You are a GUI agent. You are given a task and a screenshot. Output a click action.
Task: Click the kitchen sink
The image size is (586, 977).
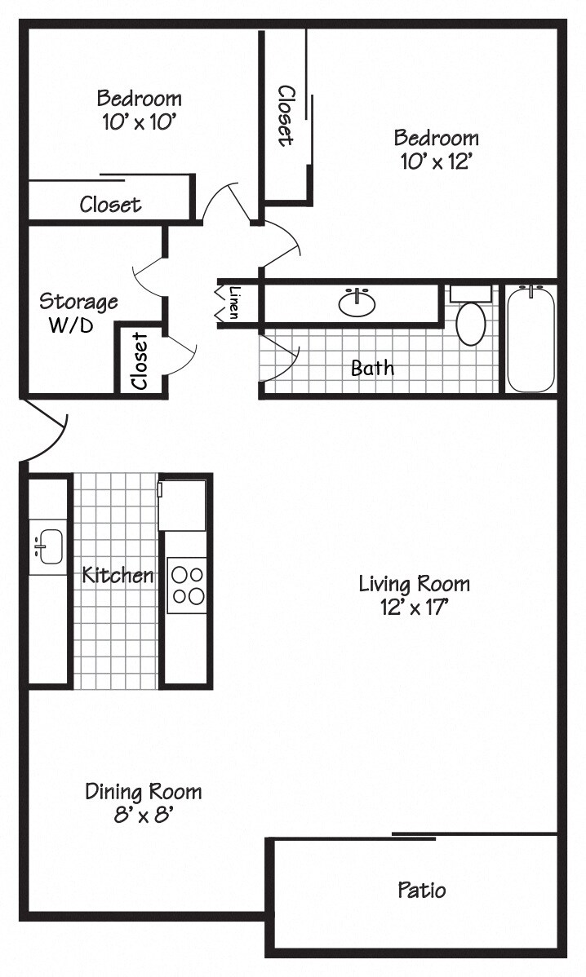click(x=48, y=546)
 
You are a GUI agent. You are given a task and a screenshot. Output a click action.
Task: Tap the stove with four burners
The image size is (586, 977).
click(x=187, y=585)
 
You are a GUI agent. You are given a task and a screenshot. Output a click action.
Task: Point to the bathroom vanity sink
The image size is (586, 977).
click(x=357, y=303)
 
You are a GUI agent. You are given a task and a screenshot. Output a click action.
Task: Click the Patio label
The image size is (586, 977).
click(x=422, y=889)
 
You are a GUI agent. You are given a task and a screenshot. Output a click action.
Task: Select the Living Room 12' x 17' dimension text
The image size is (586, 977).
click(x=415, y=607)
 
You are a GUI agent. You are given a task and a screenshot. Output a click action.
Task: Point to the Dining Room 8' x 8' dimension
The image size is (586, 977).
click(x=144, y=814)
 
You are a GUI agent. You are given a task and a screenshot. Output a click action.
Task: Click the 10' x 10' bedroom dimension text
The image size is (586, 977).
click(x=139, y=122)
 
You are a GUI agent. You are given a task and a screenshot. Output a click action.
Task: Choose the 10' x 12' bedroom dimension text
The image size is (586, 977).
click(x=437, y=161)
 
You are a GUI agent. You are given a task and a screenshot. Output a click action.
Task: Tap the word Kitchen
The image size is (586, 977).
click(x=118, y=575)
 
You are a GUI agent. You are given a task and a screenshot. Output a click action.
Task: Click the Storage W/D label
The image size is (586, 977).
click(x=78, y=313)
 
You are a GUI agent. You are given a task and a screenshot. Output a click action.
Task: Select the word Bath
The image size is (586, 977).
click(x=372, y=368)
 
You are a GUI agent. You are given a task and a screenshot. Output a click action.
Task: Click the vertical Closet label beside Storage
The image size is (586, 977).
click(x=140, y=360)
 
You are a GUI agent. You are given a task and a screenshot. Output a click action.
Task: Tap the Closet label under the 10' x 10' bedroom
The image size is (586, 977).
click(x=110, y=204)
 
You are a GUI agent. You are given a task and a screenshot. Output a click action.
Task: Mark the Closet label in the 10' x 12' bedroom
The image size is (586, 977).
click(x=285, y=115)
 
